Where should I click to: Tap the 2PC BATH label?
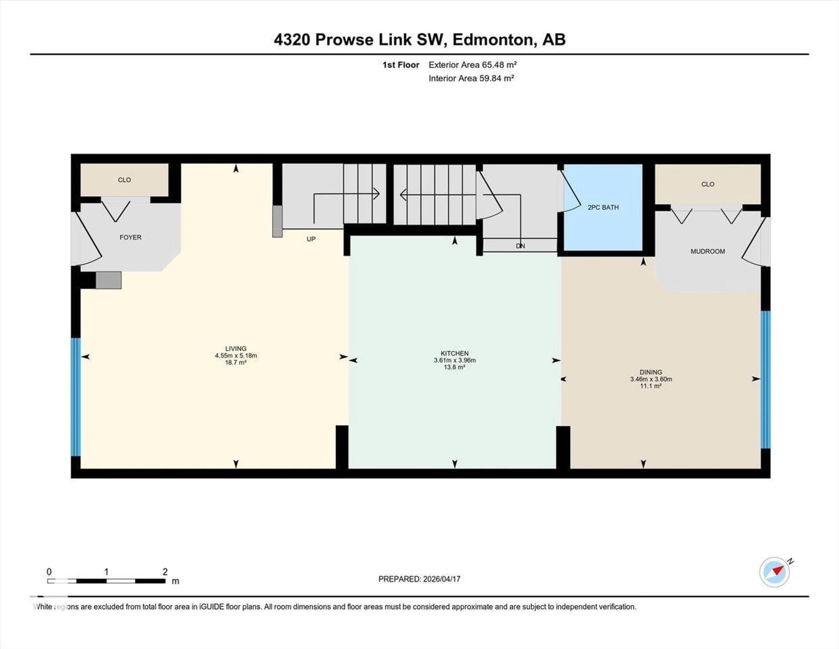click(x=603, y=208)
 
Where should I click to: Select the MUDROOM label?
click(x=708, y=251)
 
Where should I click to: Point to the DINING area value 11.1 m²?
click(x=650, y=386)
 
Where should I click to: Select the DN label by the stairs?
click(x=520, y=246)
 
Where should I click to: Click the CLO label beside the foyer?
click(x=124, y=180)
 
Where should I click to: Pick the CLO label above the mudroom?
click(x=708, y=184)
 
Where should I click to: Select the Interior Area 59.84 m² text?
click(x=471, y=79)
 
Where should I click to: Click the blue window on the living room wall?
click(x=76, y=397)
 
